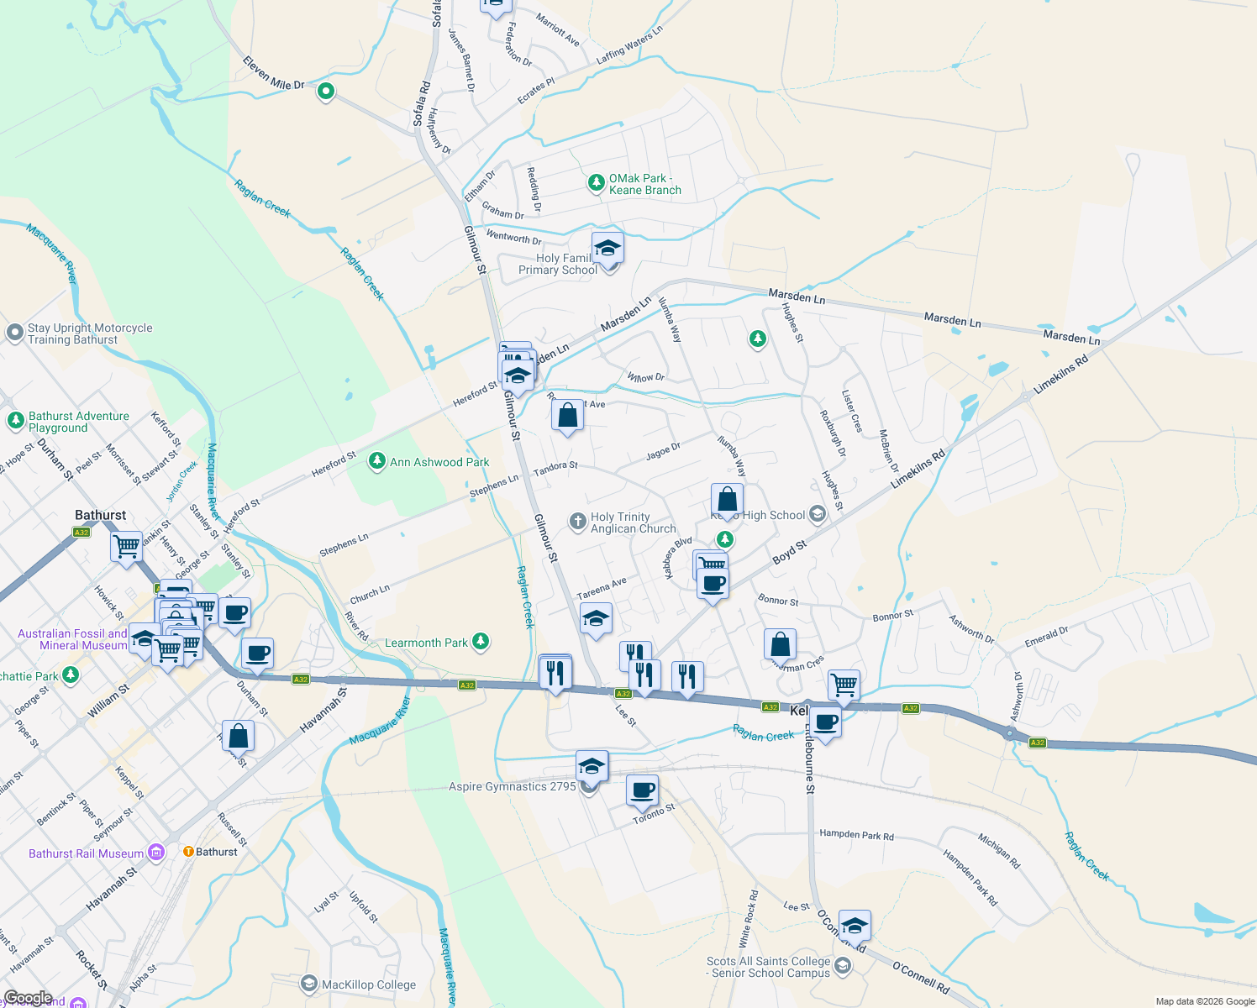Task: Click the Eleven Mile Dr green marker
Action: tap(326, 92)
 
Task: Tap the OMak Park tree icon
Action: tap(596, 182)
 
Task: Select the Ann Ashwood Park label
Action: tap(439, 462)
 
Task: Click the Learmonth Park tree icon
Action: tap(481, 643)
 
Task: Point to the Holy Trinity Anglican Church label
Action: tap(633, 522)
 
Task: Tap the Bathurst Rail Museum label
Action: tap(86, 853)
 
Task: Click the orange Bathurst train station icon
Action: tap(188, 852)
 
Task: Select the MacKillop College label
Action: tap(368, 984)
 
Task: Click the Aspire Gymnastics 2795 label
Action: tap(512, 786)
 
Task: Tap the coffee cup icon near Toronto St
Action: tap(643, 791)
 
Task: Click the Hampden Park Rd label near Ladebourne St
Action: tap(856, 835)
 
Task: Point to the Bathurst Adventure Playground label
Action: tap(79, 422)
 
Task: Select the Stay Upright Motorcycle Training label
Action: tap(90, 333)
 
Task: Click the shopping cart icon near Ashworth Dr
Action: tap(844, 685)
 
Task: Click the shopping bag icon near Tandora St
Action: tap(568, 416)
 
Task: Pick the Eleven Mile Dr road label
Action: tap(274, 73)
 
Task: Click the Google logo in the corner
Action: tap(27, 998)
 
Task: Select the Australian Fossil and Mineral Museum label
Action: tap(73, 639)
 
